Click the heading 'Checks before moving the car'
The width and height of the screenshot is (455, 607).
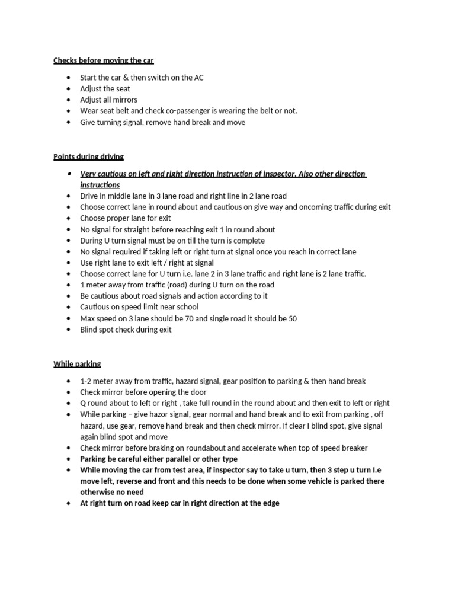point(104,60)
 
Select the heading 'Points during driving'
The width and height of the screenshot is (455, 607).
point(88,157)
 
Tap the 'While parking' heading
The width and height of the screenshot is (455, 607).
point(77,364)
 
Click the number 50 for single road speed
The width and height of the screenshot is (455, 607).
point(292,319)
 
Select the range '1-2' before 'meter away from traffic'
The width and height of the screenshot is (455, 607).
point(86,381)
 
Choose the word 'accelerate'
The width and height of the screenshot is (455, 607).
point(270,448)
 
